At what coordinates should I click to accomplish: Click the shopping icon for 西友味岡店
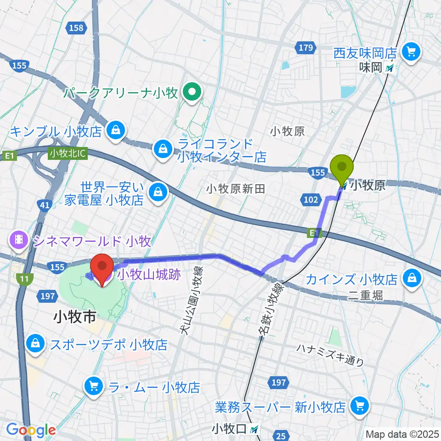click(x=411, y=51)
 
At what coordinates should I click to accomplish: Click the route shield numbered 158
click(x=77, y=28)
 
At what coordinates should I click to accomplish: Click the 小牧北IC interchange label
click(x=68, y=153)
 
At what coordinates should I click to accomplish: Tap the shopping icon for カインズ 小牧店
click(x=411, y=278)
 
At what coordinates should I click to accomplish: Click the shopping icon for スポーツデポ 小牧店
click(x=35, y=344)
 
